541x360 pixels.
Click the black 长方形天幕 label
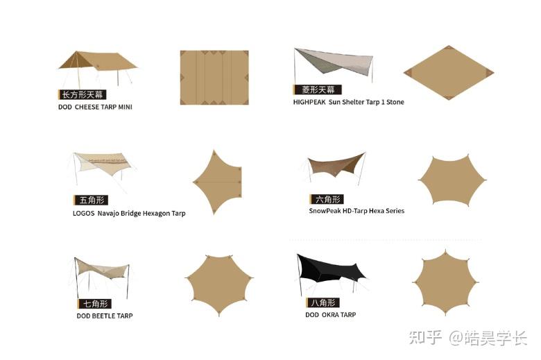[x=82, y=94]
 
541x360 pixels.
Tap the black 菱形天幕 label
[x=318, y=89]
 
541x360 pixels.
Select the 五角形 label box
[x=91, y=200]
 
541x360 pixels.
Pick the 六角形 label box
[x=327, y=199]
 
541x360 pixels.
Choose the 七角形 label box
[x=94, y=304]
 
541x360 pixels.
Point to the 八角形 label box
[x=323, y=302]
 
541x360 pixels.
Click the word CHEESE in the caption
[x=87, y=107]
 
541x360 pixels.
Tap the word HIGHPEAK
[x=309, y=102]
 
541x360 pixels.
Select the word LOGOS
[x=83, y=214]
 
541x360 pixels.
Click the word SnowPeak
[x=325, y=211]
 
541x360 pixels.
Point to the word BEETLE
[x=103, y=316]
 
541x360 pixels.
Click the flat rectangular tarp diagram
[x=214, y=78]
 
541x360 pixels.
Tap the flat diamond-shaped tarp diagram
[x=449, y=73]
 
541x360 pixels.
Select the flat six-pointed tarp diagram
[x=452, y=180]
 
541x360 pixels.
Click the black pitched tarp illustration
[x=332, y=273]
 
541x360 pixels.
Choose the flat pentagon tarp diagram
[x=217, y=182]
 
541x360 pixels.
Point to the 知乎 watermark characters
[x=425, y=337]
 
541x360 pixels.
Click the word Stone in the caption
[x=395, y=102]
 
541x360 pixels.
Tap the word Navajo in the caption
[x=108, y=214]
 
